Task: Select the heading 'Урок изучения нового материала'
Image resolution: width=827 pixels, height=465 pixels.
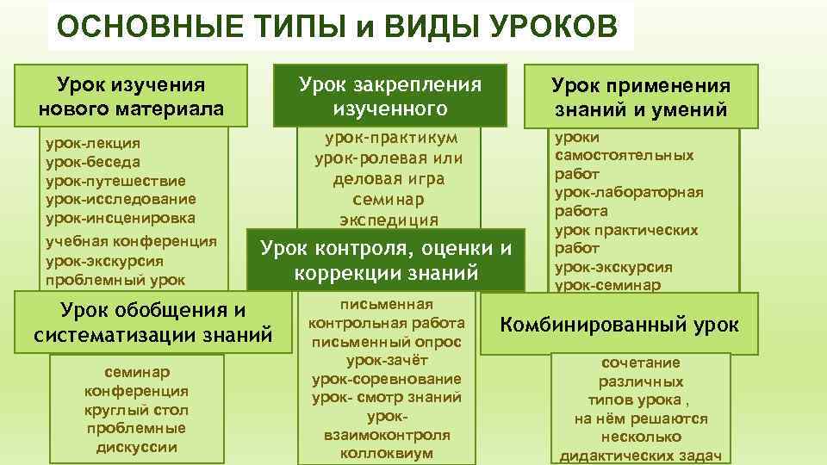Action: pyautogui.click(x=131, y=97)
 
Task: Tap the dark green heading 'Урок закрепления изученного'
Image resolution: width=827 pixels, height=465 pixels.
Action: pyautogui.click(x=389, y=96)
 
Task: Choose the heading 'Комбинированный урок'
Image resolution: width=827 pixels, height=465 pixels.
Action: pyautogui.click(x=619, y=325)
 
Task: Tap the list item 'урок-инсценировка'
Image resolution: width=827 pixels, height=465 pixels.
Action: pyautogui.click(x=120, y=218)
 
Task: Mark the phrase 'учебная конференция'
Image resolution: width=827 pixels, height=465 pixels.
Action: pyautogui.click(x=130, y=241)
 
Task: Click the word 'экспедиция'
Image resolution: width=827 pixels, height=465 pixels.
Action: pyautogui.click(x=389, y=219)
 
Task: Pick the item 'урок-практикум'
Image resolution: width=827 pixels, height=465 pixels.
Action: pyautogui.click(x=390, y=138)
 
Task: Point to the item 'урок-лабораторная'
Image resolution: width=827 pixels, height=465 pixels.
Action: pyautogui.click(x=629, y=192)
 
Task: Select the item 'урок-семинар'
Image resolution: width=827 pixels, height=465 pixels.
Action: pyautogui.click(x=608, y=285)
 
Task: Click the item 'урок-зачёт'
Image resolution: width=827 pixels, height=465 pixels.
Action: pyautogui.click(x=386, y=361)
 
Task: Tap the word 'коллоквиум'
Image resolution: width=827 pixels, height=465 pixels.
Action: pyautogui.click(x=386, y=453)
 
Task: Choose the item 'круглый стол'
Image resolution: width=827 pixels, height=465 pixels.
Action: pyautogui.click(x=137, y=409)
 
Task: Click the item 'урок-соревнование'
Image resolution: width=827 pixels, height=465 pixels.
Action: pyautogui.click(x=386, y=379)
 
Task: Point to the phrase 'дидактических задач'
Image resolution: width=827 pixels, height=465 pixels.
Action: pyautogui.click(x=640, y=456)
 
